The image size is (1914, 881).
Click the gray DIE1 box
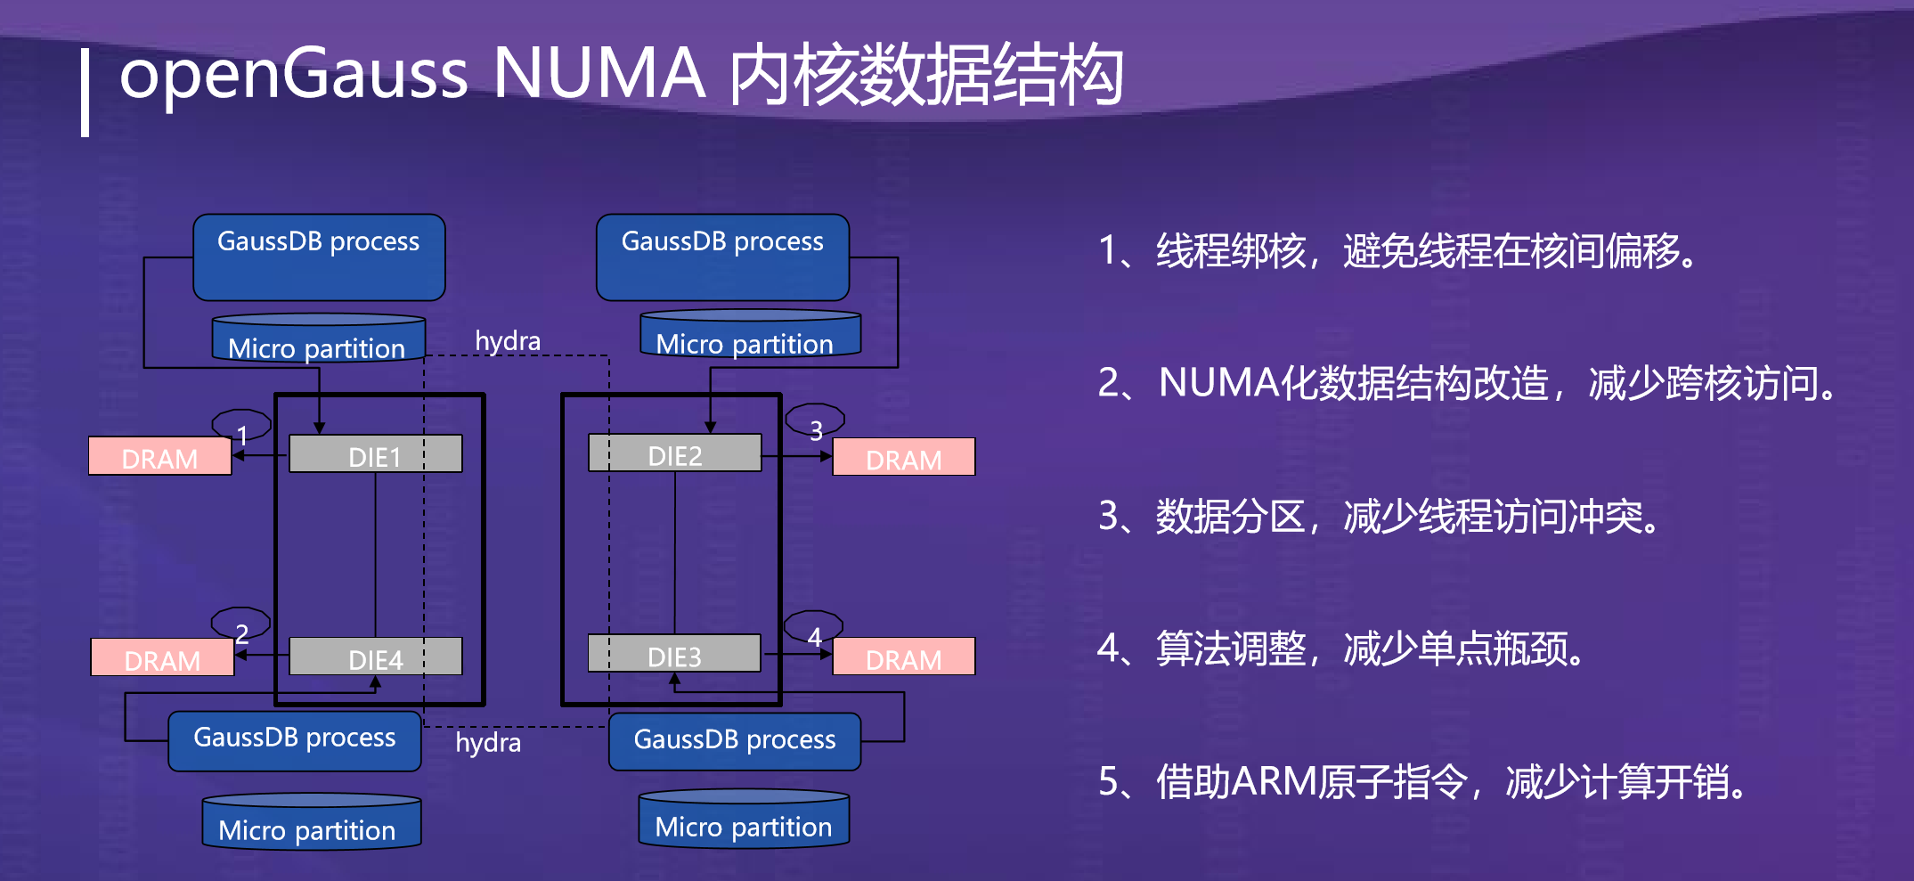(x=375, y=453)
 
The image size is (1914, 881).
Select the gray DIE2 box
(x=674, y=453)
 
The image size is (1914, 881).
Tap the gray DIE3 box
(x=674, y=653)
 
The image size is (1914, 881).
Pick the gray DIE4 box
(x=375, y=657)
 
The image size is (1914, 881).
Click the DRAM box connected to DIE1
(x=160, y=456)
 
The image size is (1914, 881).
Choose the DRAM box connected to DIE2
(x=903, y=457)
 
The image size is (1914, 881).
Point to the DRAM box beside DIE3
(x=903, y=657)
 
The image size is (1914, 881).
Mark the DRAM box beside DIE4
(x=162, y=657)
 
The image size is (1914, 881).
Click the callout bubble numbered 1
(x=241, y=426)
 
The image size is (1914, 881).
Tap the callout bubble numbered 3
(x=815, y=420)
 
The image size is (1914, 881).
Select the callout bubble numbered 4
(x=813, y=627)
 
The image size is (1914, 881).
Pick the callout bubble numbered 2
(x=240, y=624)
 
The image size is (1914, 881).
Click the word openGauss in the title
(x=294, y=73)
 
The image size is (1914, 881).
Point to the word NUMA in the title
(x=599, y=73)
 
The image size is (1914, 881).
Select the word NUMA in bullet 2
(x=1218, y=383)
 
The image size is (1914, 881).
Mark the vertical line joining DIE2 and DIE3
(x=674, y=552)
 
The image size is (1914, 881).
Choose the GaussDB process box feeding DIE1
(x=319, y=257)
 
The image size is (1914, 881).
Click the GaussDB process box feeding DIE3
(x=735, y=740)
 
